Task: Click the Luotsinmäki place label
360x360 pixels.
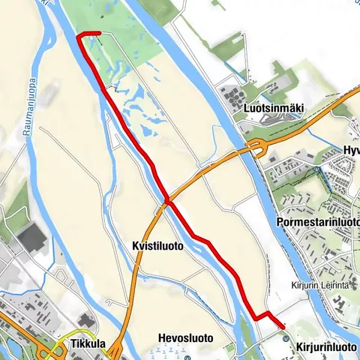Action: point(274,109)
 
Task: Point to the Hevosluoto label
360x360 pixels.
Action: point(186,339)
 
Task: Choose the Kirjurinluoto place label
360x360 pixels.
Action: point(326,347)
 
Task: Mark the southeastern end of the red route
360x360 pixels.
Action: point(283,326)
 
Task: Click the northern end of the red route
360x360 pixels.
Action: point(79,34)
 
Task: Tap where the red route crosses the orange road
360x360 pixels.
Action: point(169,202)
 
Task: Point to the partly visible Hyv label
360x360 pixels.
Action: point(350,151)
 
